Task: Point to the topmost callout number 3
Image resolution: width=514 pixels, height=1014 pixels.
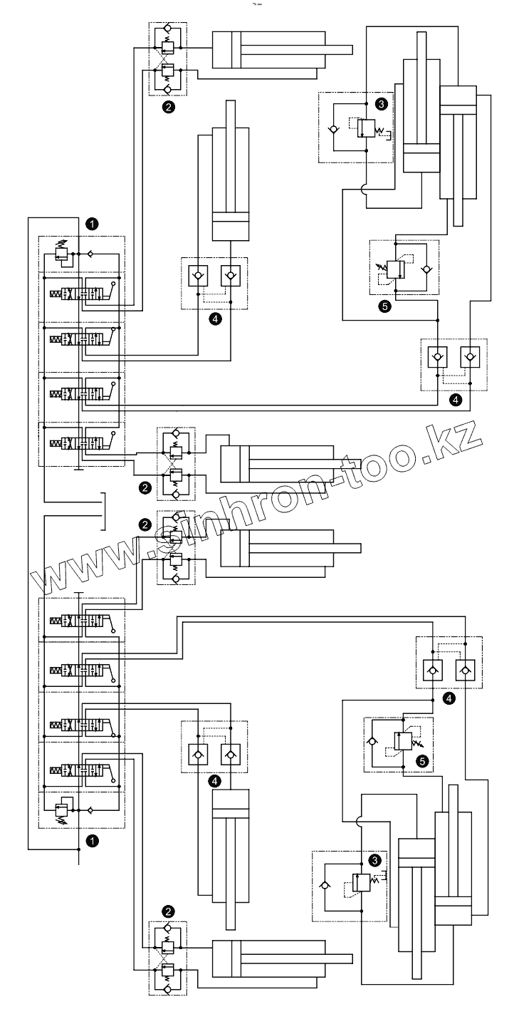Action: pyautogui.click(x=382, y=104)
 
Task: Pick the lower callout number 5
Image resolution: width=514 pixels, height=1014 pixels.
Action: pyautogui.click(x=423, y=761)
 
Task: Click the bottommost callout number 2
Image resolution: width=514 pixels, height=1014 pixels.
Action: pyautogui.click(x=168, y=910)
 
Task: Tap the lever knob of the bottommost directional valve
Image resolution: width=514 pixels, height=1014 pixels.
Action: pyautogui.click(x=115, y=760)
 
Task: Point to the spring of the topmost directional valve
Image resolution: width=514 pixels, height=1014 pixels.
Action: pyautogui.click(x=56, y=294)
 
